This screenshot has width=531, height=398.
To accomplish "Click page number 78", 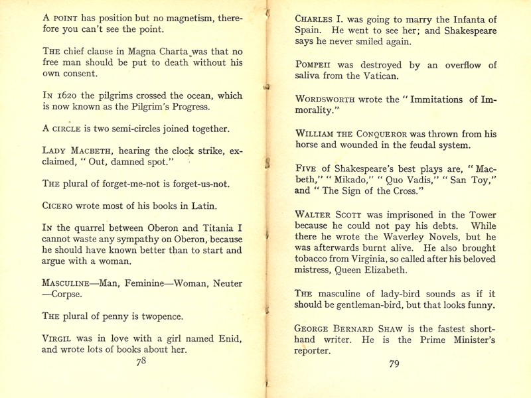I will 141,362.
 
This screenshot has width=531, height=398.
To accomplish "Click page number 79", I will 394,364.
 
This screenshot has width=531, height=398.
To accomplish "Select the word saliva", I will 309,77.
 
